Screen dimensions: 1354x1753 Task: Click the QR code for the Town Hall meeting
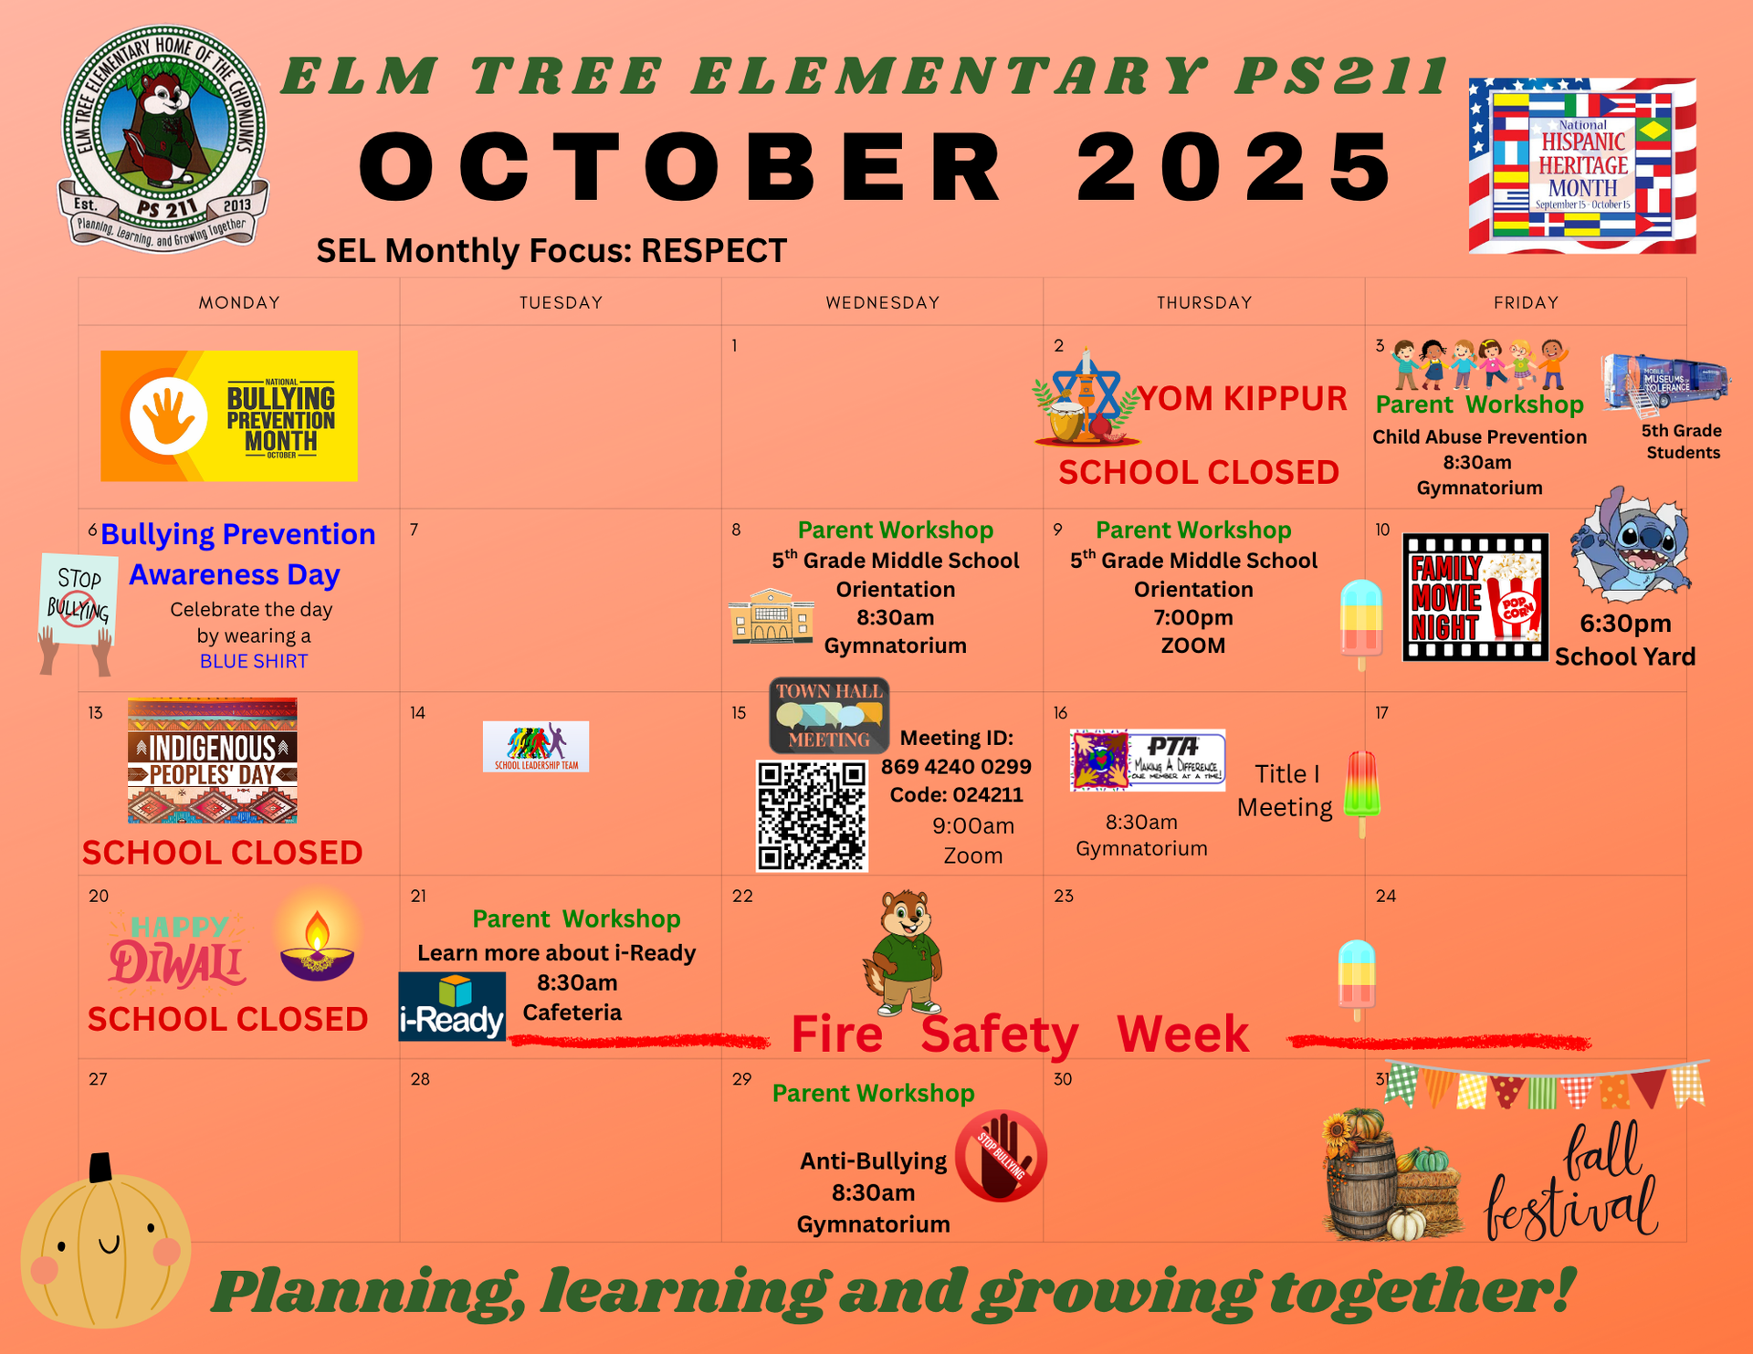pyautogui.click(x=812, y=816)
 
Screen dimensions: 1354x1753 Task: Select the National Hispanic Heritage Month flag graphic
pyautogui.click(x=1581, y=165)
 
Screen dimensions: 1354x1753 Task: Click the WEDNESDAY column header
pyautogui.click(x=882, y=302)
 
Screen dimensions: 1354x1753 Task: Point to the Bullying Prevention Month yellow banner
pyautogui.click(x=229, y=415)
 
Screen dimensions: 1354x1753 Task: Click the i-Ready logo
pyautogui.click(x=452, y=1007)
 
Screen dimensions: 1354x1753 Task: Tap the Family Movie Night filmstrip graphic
pyautogui.click(x=1475, y=597)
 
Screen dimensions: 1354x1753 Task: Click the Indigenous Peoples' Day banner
pyautogui.click(x=212, y=761)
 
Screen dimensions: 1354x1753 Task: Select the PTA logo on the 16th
pyautogui.click(x=1148, y=760)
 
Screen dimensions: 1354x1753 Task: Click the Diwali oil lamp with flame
pyautogui.click(x=316, y=950)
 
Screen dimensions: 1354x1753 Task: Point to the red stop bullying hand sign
pyautogui.click(x=1001, y=1156)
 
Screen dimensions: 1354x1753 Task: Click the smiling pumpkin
pyautogui.click(x=104, y=1246)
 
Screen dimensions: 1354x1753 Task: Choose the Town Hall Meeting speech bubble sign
pyautogui.click(x=829, y=715)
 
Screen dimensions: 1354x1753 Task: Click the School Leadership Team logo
pyautogui.click(x=536, y=746)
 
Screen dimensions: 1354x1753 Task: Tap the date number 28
pyautogui.click(x=420, y=1079)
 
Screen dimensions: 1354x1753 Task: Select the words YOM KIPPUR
pyautogui.click(x=1242, y=399)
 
